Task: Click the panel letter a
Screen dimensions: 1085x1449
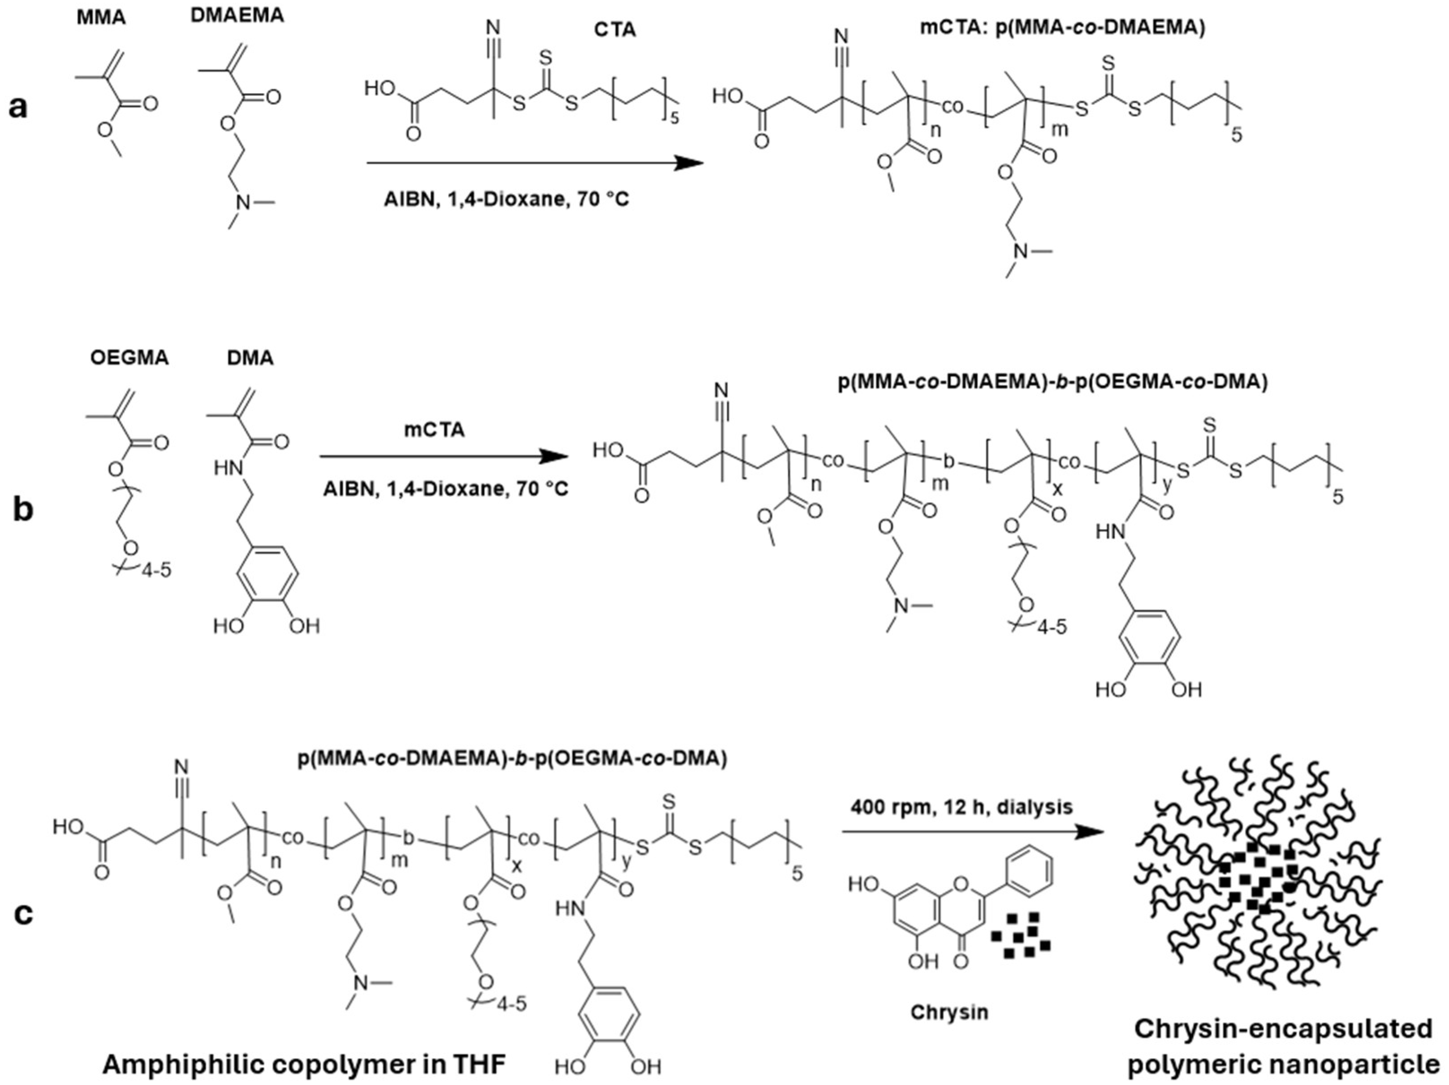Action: (18, 106)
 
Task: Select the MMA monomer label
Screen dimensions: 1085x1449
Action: (101, 17)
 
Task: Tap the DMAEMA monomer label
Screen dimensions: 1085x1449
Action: (237, 16)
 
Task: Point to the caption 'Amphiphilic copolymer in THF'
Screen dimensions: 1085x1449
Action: (305, 1065)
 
